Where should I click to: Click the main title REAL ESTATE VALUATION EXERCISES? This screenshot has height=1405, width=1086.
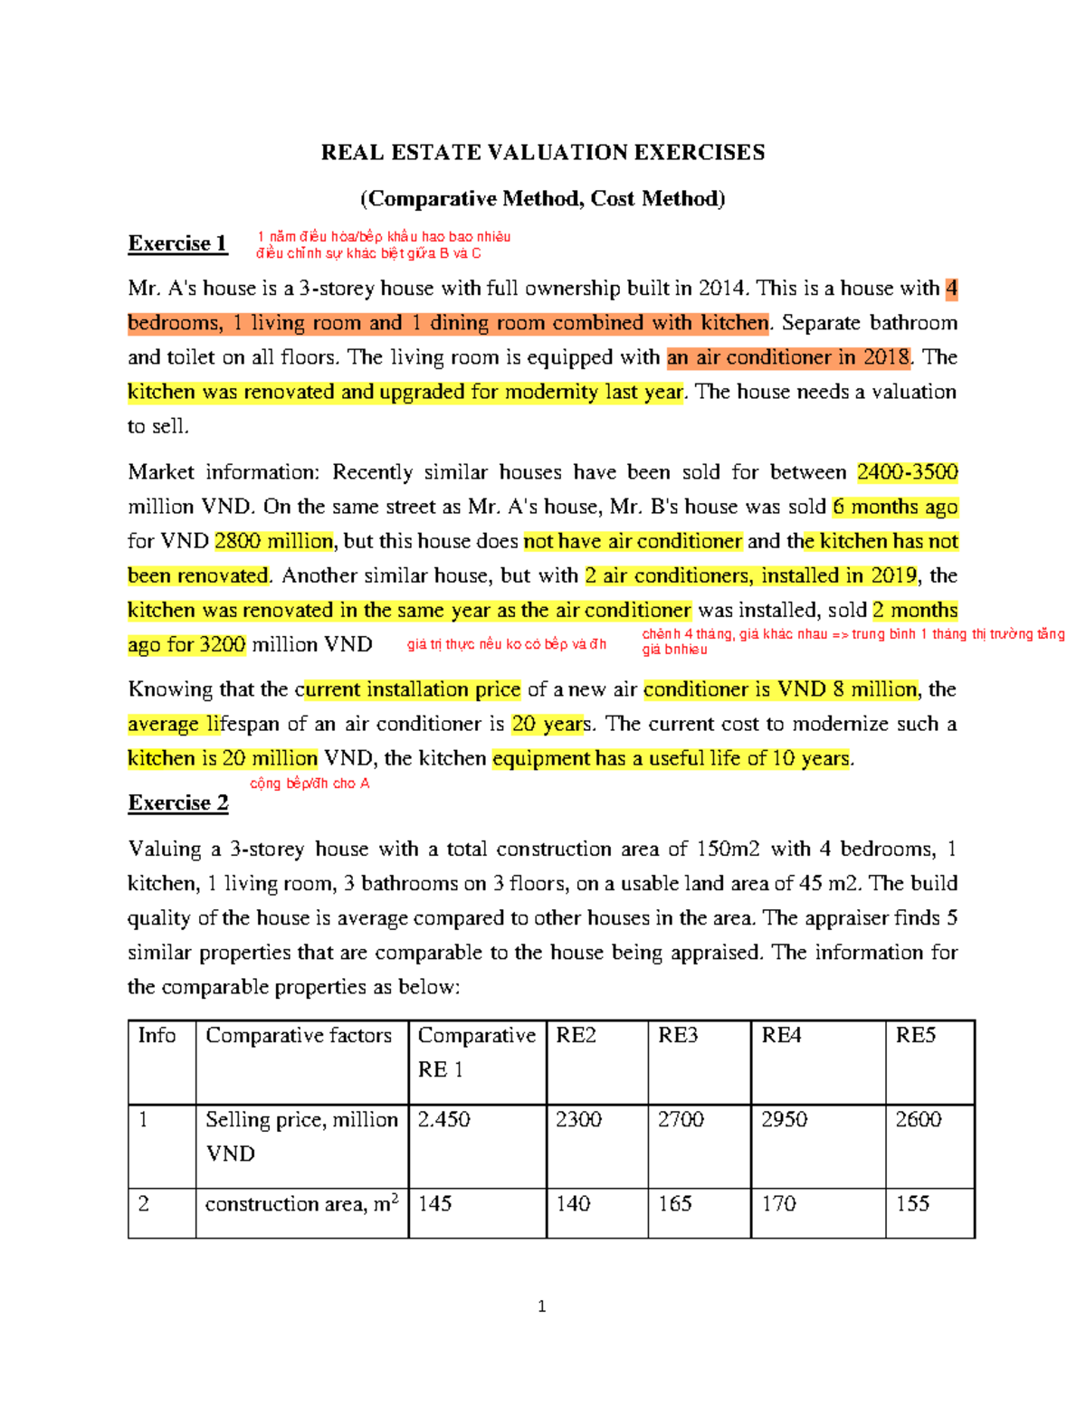click(542, 152)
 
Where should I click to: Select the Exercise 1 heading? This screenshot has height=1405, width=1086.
click(177, 243)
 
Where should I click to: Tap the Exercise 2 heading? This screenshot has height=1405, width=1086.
click(178, 802)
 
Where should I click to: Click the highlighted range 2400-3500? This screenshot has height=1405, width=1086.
click(907, 472)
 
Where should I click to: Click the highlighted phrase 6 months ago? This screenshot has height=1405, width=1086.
click(895, 507)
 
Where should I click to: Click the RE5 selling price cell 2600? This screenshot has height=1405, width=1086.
click(918, 1120)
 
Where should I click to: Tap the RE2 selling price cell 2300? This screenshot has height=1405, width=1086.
click(578, 1120)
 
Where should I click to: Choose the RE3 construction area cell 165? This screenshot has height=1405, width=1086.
click(675, 1204)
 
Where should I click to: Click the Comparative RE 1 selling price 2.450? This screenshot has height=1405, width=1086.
click(443, 1120)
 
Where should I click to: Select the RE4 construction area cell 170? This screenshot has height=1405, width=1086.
click(778, 1204)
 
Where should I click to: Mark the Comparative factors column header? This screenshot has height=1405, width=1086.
click(299, 1036)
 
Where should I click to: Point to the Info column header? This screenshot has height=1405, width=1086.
click(157, 1036)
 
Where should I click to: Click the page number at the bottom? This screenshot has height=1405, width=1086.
click(541, 1306)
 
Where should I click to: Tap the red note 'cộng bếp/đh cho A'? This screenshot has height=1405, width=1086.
click(310, 783)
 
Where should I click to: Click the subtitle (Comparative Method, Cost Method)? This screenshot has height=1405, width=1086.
click(542, 199)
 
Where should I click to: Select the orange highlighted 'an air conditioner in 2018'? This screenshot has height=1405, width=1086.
click(788, 357)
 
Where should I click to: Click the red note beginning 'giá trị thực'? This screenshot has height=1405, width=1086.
click(507, 644)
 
